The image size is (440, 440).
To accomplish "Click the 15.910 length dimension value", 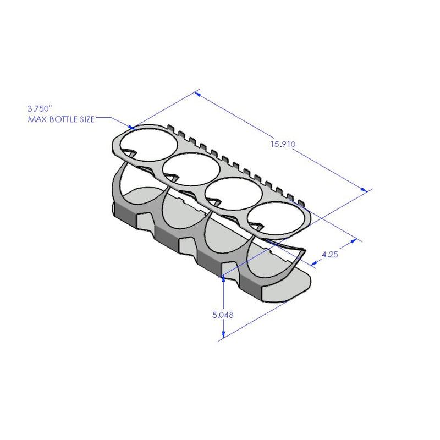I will pos(283,145).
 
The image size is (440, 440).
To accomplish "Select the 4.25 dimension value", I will pos(329,254).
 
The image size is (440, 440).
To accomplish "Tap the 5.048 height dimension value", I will pos(223,315).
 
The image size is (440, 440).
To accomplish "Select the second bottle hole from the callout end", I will pos(190,168).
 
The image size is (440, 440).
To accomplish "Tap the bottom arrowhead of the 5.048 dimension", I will pos(224,336).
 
